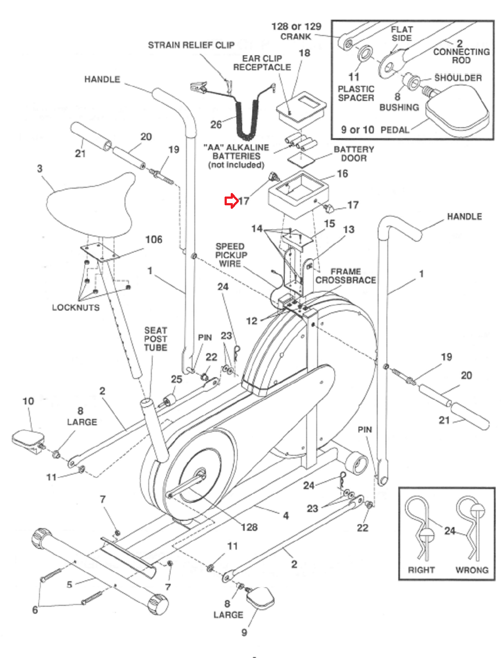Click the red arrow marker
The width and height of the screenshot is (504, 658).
tap(231, 201)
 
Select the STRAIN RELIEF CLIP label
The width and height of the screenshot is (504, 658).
tap(191, 45)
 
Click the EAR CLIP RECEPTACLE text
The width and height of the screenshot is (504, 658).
tap(262, 63)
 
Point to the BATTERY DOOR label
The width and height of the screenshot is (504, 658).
tap(354, 154)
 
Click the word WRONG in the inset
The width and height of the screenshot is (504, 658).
tap(472, 570)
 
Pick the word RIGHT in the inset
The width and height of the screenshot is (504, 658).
tap(421, 570)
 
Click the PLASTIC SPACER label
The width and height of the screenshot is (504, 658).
tap(356, 93)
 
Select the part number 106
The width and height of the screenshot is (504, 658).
tap(154, 240)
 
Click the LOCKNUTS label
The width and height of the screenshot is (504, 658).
tap(75, 308)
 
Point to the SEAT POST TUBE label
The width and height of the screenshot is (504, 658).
tap(156, 339)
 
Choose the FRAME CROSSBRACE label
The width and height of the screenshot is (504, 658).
tap(346, 276)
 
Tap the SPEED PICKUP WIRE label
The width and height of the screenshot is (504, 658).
tap(231, 255)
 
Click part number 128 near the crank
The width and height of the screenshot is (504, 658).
tap(249, 527)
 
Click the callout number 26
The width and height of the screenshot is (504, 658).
tap(216, 125)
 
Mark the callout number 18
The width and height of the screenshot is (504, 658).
tap(304, 53)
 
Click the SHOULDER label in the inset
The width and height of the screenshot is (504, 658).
tap(458, 78)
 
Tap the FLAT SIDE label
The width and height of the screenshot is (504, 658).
tap(401, 34)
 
